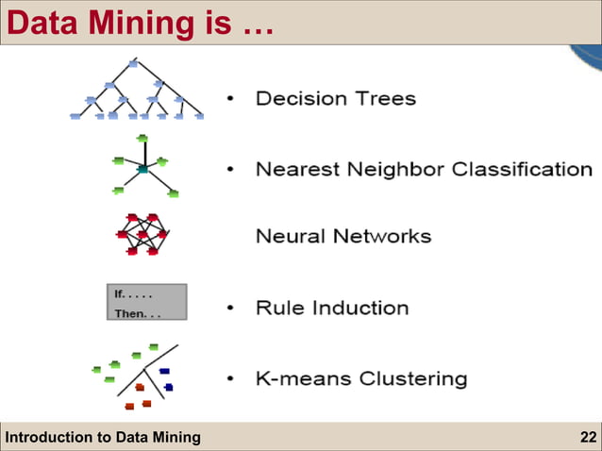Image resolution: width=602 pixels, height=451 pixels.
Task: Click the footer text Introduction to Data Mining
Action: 103,436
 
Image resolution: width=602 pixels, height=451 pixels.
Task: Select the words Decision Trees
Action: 335,98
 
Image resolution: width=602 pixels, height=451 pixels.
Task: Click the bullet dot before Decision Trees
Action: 231,99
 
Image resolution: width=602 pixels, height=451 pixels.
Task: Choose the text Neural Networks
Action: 343,236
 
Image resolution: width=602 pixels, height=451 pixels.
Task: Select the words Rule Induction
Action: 332,308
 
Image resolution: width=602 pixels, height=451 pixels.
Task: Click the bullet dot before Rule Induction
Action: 231,309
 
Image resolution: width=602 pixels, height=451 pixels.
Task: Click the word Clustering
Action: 411,379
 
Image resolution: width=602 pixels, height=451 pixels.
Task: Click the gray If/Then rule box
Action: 145,302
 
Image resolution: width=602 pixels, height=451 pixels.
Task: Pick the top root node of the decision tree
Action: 133,63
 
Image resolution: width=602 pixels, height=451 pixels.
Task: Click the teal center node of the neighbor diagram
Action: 142,169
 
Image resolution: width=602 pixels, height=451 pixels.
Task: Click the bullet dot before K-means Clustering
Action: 231,380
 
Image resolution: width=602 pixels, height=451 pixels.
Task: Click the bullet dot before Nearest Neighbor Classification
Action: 231,171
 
